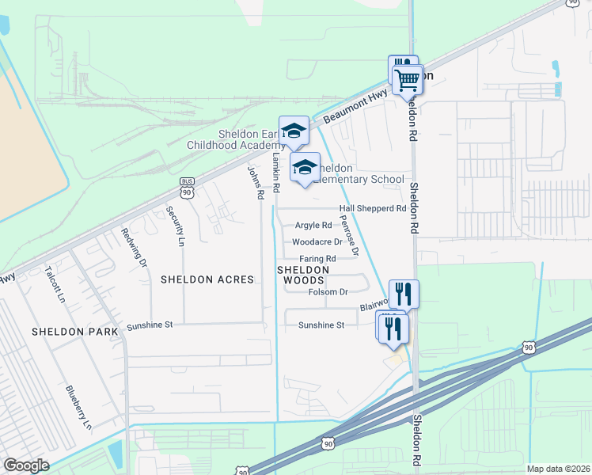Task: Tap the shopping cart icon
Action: [x=407, y=79]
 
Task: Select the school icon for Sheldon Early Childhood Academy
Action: [x=294, y=131]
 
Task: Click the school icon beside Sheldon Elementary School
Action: [x=305, y=167]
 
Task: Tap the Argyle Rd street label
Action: [x=313, y=226]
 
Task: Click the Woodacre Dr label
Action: [x=317, y=242]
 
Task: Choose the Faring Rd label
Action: [x=317, y=259]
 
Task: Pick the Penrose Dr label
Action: [x=349, y=234]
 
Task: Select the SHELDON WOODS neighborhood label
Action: [x=301, y=275]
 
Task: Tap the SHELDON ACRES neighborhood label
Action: [x=207, y=279]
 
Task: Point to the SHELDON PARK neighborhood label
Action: [x=75, y=331]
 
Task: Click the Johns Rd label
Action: [x=254, y=181]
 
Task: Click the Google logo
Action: [x=26, y=465]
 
